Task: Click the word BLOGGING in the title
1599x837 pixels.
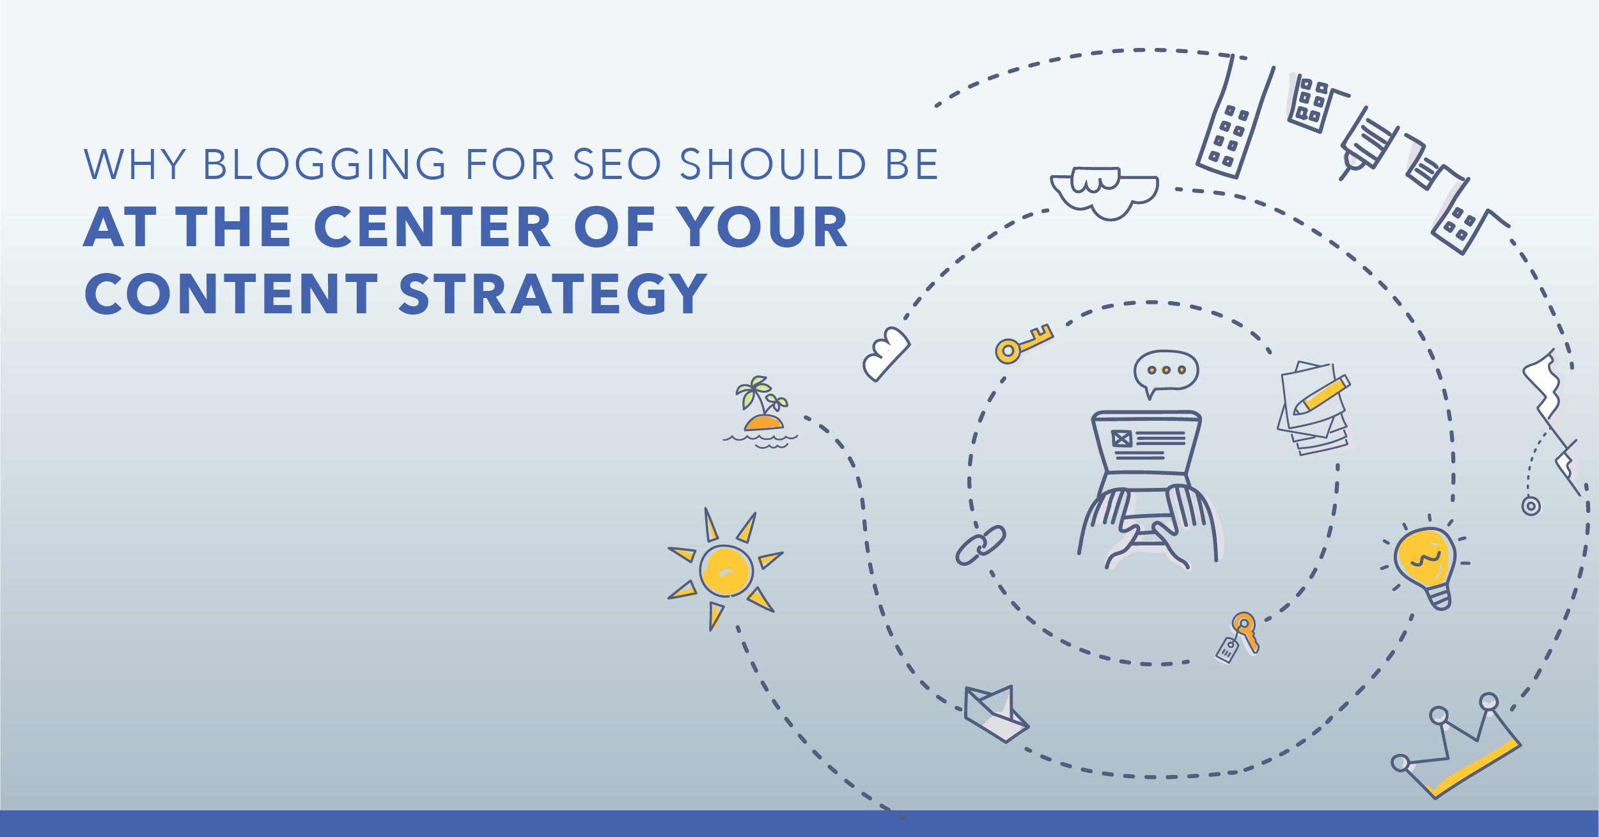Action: click(x=325, y=164)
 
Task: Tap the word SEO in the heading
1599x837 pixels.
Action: click(x=616, y=164)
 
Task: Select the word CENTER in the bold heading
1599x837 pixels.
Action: click(x=433, y=227)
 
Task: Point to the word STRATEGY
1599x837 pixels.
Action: click(x=552, y=293)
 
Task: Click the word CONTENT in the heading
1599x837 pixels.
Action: click(x=231, y=293)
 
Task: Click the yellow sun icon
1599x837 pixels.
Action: click(x=725, y=570)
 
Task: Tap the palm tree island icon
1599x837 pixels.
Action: click(x=761, y=412)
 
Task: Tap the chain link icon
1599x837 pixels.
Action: click(x=981, y=545)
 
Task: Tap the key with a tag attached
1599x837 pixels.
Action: click(x=1239, y=638)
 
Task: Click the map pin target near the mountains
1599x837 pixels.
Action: click(x=1531, y=506)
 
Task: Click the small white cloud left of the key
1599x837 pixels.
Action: click(x=886, y=354)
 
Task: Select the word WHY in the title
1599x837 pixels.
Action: click(x=135, y=164)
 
